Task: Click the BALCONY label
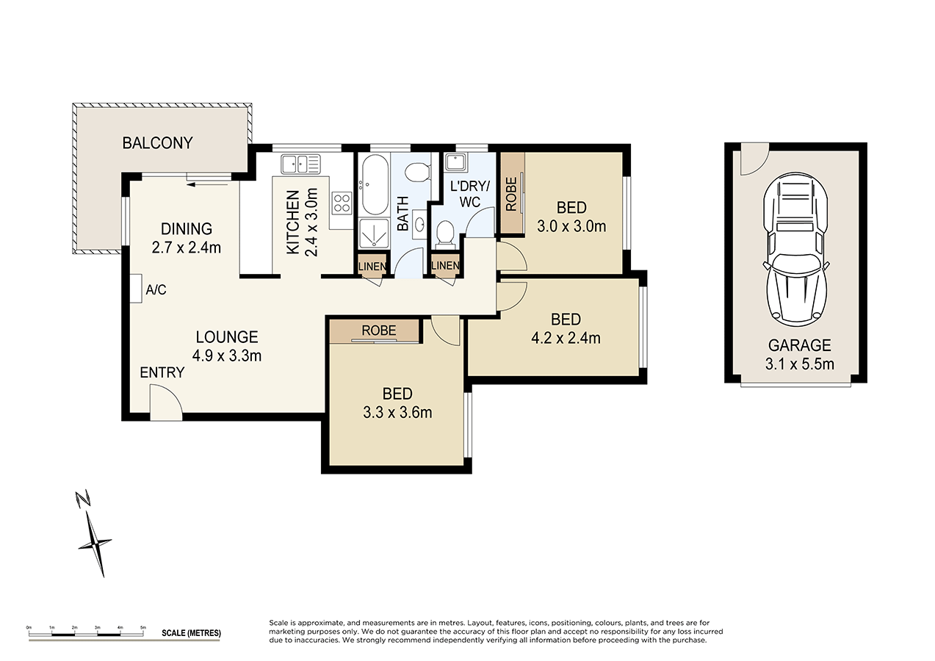pyautogui.click(x=157, y=142)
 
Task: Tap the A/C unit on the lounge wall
pyautogui.click(x=136, y=289)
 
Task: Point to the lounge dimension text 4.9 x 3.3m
pyautogui.click(x=227, y=356)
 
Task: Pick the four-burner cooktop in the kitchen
pyautogui.click(x=342, y=202)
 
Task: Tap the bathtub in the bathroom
pyautogui.click(x=372, y=183)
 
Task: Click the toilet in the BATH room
pyautogui.click(x=416, y=173)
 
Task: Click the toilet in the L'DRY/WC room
pyautogui.click(x=445, y=234)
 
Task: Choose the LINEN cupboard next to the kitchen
pyautogui.click(x=372, y=266)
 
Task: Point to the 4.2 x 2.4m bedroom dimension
pyautogui.click(x=566, y=338)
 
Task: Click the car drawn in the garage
pyautogui.click(x=796, y=249)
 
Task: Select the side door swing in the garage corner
pyautogui.click(x=751, y=159)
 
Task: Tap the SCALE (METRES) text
pyautogui.click(x=191, y=632)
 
